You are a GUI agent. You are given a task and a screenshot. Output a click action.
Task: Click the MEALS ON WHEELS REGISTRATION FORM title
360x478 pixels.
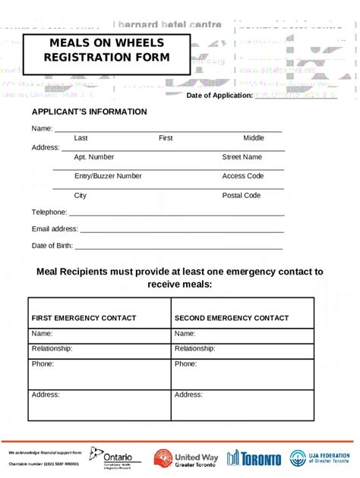click(x=106, y=50)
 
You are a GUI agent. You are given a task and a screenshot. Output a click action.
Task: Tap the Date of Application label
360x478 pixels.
click(x=219, y=96)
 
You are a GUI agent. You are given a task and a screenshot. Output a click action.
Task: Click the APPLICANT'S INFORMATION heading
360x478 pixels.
click(x=90, y=112)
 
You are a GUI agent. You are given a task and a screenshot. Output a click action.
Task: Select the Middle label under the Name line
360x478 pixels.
click(x=254, y=138)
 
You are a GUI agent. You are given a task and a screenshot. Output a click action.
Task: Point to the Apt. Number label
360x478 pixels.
click(x=94, y=157)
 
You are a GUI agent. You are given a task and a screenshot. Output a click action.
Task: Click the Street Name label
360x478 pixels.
click(x=242, y=157)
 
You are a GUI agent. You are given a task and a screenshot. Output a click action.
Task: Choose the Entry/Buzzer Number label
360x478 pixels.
click(x=108, y=176)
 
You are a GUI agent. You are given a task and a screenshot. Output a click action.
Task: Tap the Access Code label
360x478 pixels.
click(x=243, y=176)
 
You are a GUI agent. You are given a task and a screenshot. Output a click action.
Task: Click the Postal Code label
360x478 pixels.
click(x=242, y=196)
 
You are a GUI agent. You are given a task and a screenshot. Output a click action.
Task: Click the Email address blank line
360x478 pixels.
click(x=182, y=230)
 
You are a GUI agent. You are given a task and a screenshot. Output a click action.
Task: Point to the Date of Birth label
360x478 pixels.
click(x=52, y=246)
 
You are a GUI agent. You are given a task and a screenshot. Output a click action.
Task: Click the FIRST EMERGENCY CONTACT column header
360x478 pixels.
click(x=84, y=318)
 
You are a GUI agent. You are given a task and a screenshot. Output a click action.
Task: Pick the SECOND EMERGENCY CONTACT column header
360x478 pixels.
click(x=232, y=318)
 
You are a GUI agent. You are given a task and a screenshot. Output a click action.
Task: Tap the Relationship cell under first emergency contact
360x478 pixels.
click(x=99, y=349)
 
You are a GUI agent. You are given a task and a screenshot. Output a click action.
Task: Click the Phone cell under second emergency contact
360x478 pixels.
click(x=242, y=374)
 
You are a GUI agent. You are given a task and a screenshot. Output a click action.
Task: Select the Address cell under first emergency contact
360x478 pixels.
click(x=99, y=405)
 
